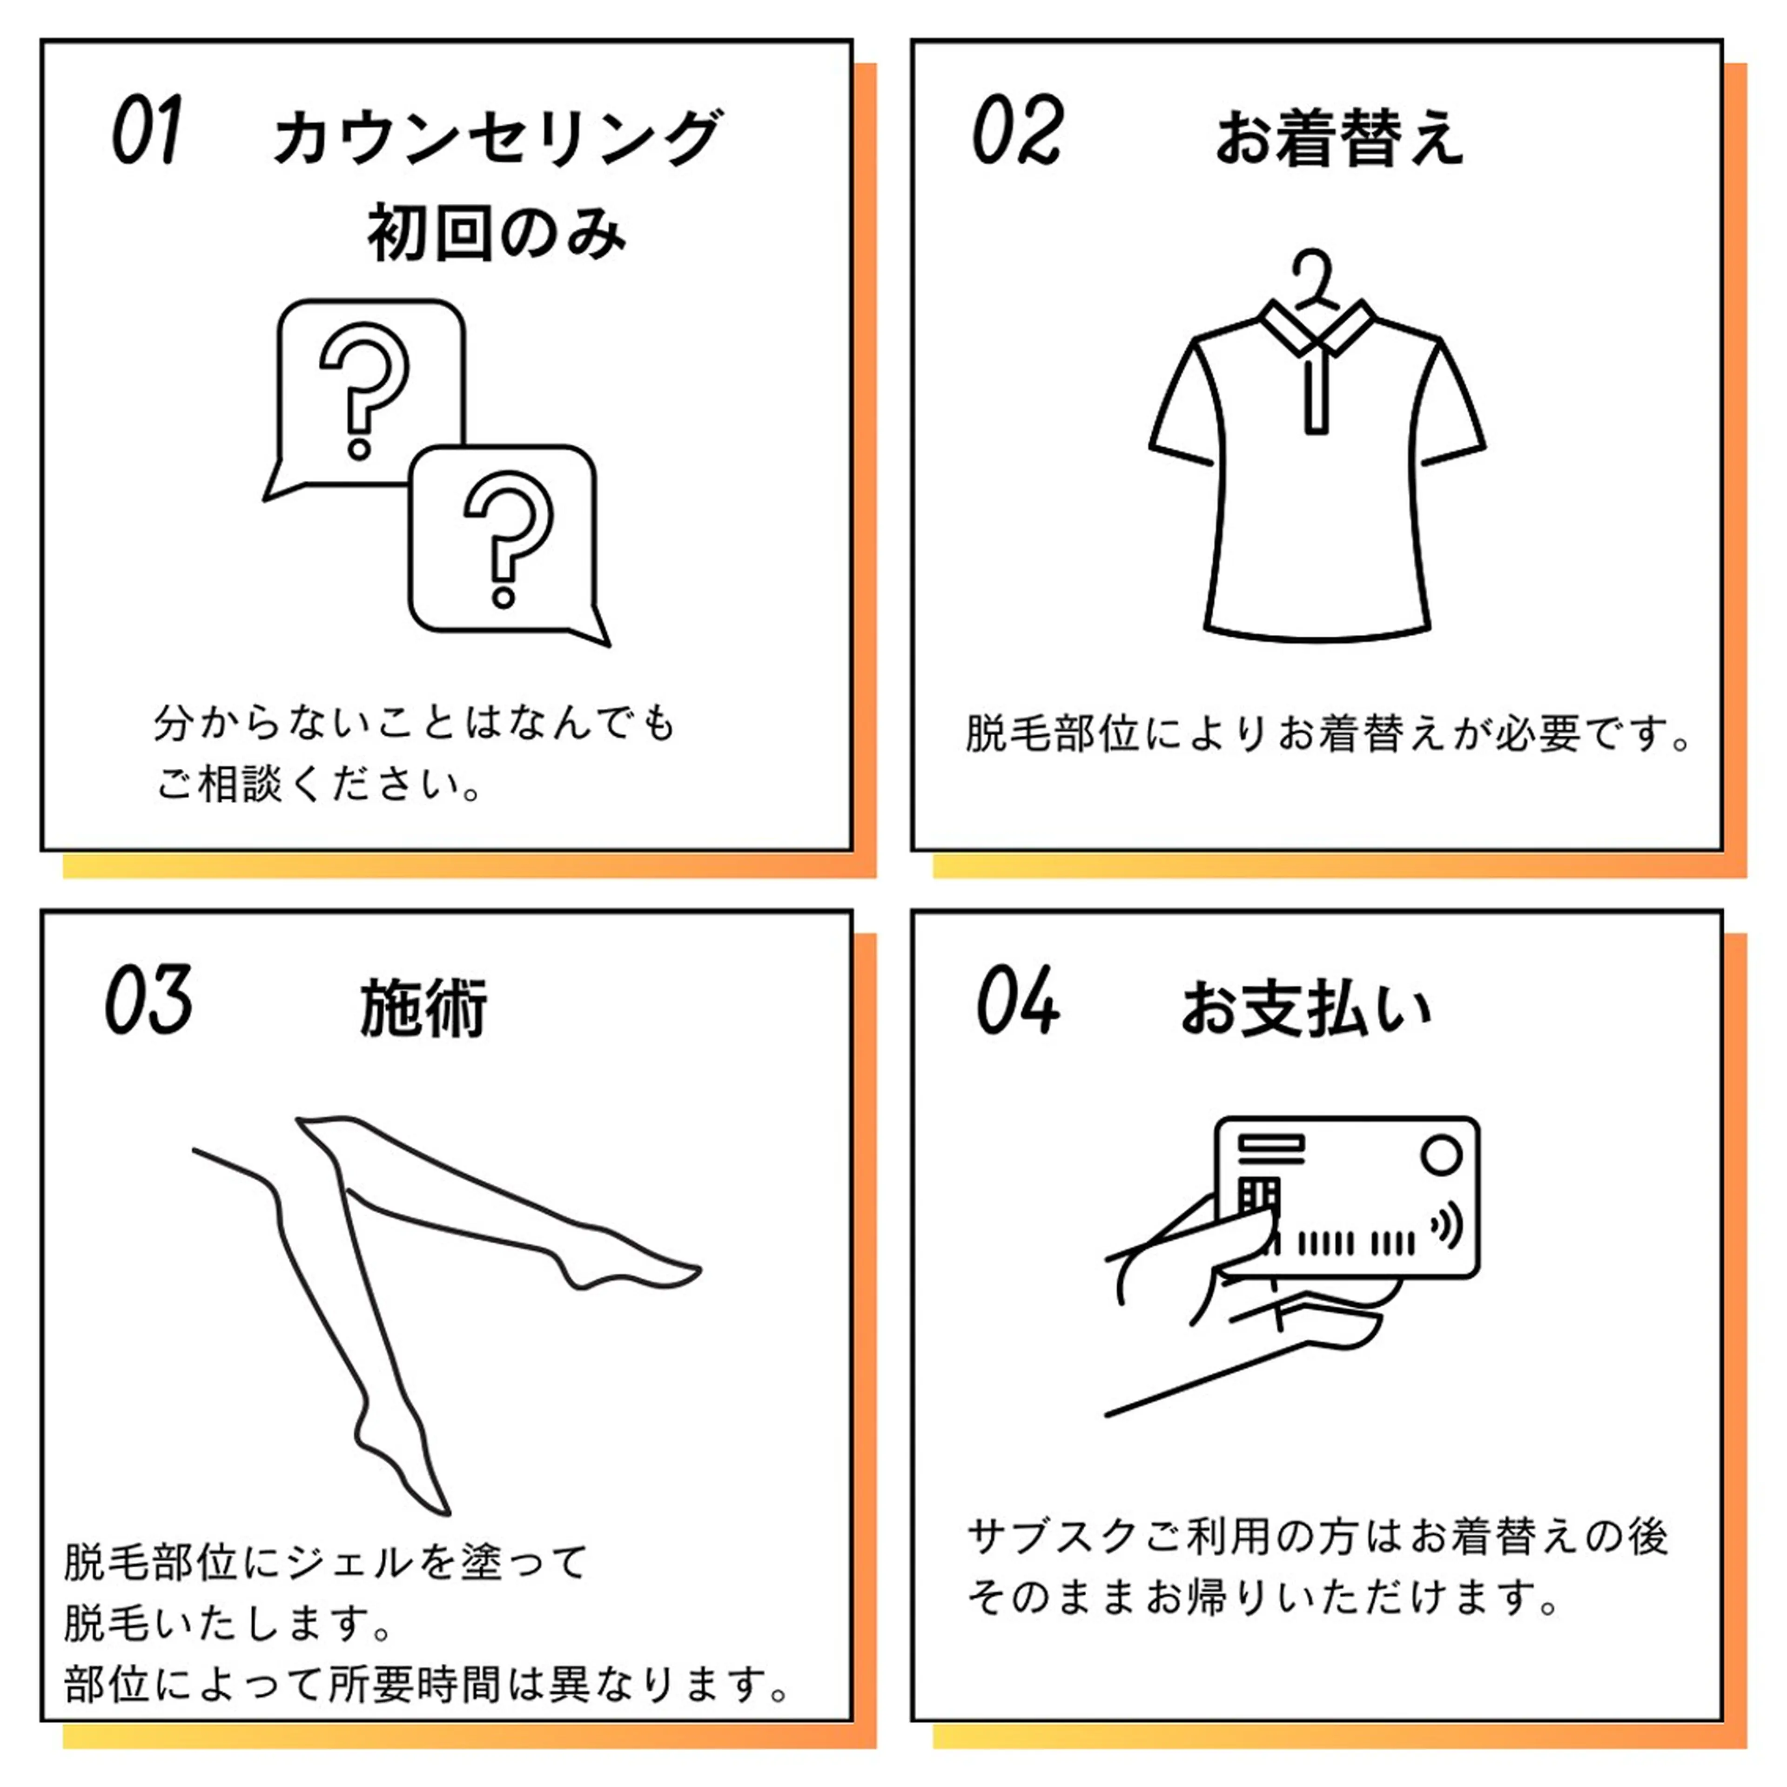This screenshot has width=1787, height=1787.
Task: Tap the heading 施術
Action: (x=423, y=1008)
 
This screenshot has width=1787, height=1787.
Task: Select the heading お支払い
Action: (x=1306, y=1008)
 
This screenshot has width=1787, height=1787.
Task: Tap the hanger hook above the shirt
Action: (x=1315, y=275)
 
